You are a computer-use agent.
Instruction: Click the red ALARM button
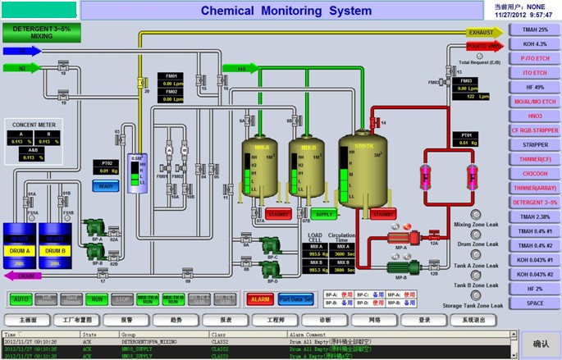pos(260,299)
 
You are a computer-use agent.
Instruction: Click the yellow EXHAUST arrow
pos(482,33)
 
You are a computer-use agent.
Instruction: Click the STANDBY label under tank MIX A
pos(279,214)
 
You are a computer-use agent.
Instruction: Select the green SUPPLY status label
pos(323,214)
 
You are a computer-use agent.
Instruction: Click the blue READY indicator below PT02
pos(107,186)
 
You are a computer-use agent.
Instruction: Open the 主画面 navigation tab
pos(29,319)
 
